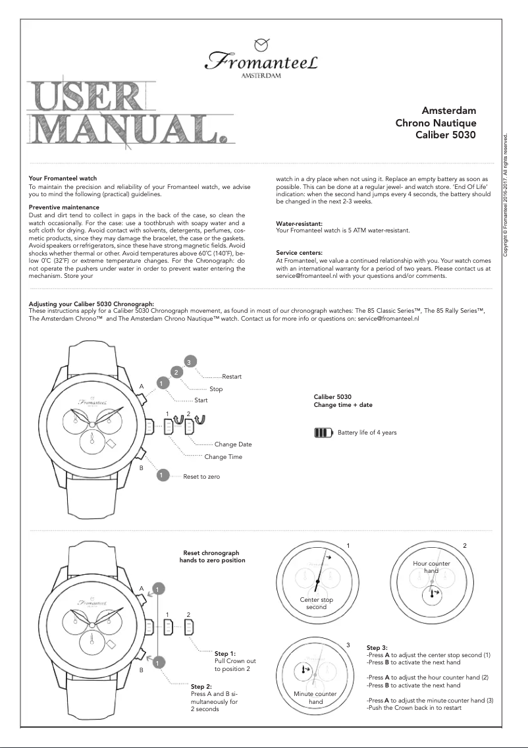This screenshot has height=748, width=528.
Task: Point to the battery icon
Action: pyautogui.click(x=324, y=433)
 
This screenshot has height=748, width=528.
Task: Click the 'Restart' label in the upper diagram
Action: pyautogui.click(x=232, y=377)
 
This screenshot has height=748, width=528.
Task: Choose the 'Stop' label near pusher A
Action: pyautogui.click(x=216, y=389)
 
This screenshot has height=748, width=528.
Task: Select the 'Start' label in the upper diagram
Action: pyautogui.click(x=201, y=400)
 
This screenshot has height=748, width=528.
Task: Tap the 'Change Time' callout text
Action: pyautogui.click(x=223, y=457)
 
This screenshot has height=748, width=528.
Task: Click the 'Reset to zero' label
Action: pyautogui.click(x=201, y=475)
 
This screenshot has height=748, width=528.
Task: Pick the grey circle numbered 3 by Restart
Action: pyautogui.click(x=189, y=361)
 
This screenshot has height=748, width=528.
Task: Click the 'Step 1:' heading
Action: pyautogui.click(x=225, y=654)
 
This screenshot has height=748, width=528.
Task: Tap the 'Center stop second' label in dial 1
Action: pyautogui.click(x=316, y=603)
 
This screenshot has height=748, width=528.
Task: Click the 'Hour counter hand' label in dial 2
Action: pyautogui.click(x=431, y=567)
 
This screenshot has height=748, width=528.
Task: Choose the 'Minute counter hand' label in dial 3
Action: pyautogui.click(x=315, y=698)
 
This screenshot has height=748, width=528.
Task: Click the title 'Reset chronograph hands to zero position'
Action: pyautogui.click(x=213, y=556)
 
